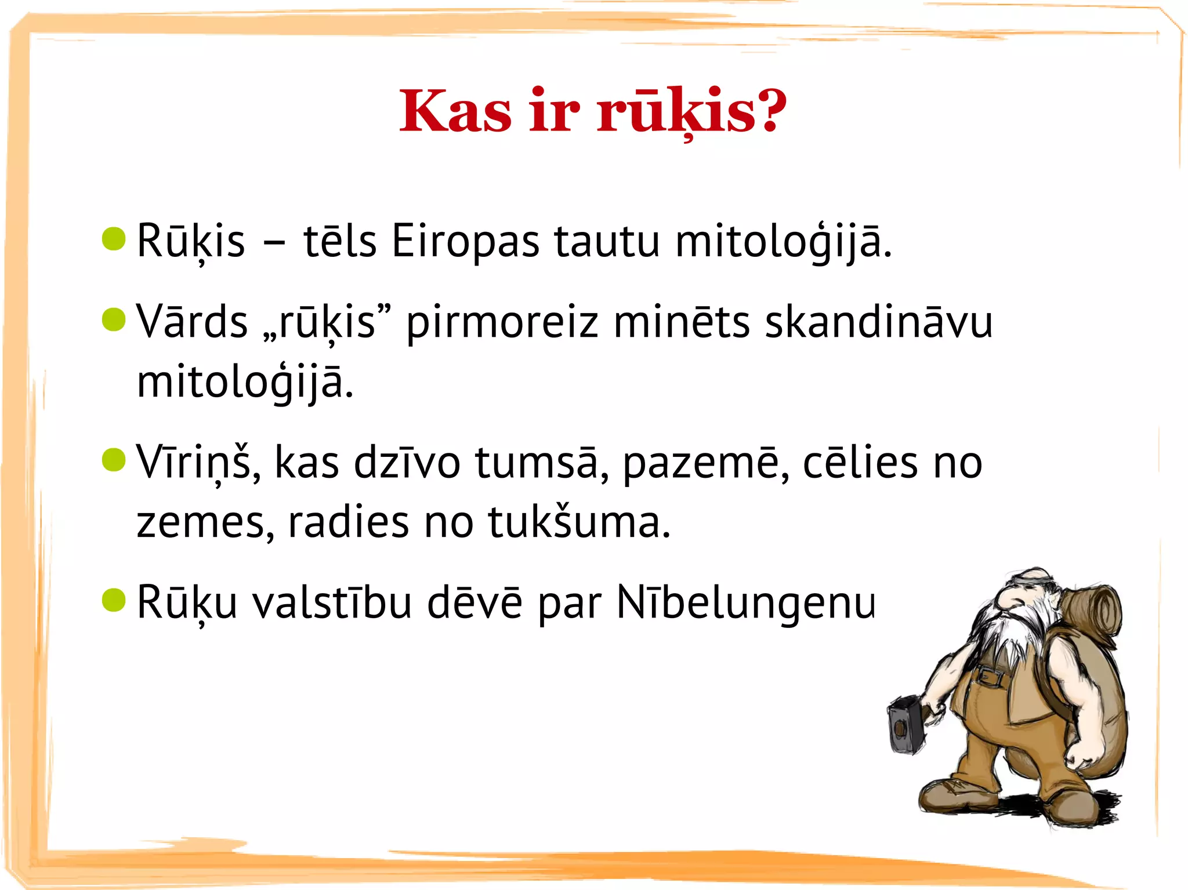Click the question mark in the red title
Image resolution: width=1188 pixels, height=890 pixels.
(769, 110)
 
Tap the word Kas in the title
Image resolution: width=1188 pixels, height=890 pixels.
(455, 111)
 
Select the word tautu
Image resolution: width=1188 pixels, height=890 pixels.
(607, 241)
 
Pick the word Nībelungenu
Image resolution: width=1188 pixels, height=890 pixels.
(746, 604)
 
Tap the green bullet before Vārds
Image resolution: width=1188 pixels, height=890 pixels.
(114, 319)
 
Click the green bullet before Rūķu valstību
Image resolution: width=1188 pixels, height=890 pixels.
(114, 600)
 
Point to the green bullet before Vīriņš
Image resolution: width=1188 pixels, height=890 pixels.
(114, 460)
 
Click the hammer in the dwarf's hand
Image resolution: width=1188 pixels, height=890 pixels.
(906, 725)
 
